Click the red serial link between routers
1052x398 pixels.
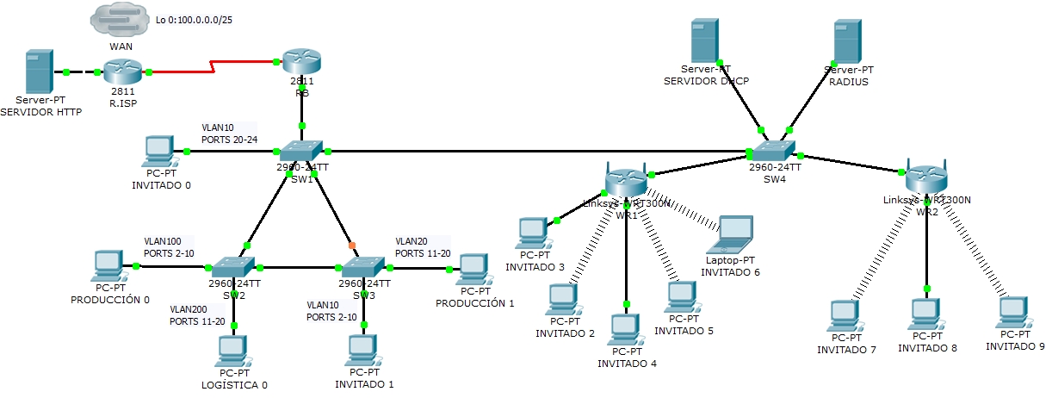[x=212, y=65]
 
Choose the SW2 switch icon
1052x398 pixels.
[x=232, y=267]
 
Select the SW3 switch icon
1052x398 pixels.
[x=363, y=267]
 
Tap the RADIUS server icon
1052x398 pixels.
[x=848, y=41]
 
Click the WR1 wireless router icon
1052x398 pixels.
[x=626, y=178]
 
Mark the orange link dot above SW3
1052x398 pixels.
[x=352, y=246]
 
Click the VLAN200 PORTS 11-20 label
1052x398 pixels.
[x=197, y=314]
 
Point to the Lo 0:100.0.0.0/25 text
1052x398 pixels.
[x=195, y=18]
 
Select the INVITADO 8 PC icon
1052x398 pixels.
[x=927, y=314]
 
